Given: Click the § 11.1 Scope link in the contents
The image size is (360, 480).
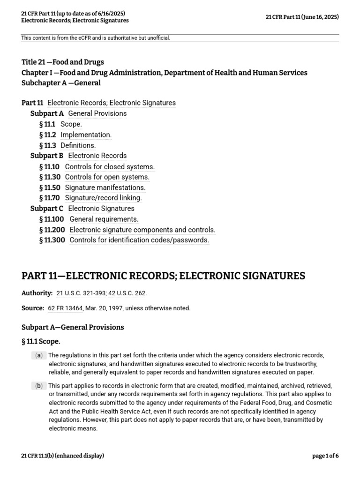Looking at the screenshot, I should click(x=71, y=124).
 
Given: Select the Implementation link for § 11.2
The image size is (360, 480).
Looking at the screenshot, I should click(x=86, y=135).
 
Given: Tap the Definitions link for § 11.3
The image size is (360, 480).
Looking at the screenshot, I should click(x=78, y=145).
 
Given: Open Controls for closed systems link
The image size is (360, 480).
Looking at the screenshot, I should click(x=110, y=166).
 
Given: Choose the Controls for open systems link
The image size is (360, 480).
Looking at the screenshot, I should click(x=107, y=177).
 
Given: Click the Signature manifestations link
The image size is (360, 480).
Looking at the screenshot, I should click(x=105, y=187).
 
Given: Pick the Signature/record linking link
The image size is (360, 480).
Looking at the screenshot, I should click(x=103, y=198).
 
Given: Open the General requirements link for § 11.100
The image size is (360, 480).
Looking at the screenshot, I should click(x=104, y=219).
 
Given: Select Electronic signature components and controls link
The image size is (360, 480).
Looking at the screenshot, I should click(x=142, y=230).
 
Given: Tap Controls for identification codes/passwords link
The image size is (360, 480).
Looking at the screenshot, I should click(x=139, y=240).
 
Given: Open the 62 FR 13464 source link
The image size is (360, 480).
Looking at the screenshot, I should click(x=65, y=308).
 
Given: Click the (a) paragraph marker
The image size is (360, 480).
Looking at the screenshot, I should click(x=38, y=355).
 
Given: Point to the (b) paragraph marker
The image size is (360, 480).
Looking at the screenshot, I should click(x=38, y=386).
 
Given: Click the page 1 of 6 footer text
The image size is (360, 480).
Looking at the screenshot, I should click(x=325, y=456).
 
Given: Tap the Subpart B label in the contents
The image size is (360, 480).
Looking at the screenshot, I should click(x=47, y=156).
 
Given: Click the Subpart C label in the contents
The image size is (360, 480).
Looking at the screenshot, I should click(x=47, y=209).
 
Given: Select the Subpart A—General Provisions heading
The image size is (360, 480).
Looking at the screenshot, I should click(x=73, y=327).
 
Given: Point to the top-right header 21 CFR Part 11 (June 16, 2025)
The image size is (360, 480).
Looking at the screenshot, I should click(x=302, y=17).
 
